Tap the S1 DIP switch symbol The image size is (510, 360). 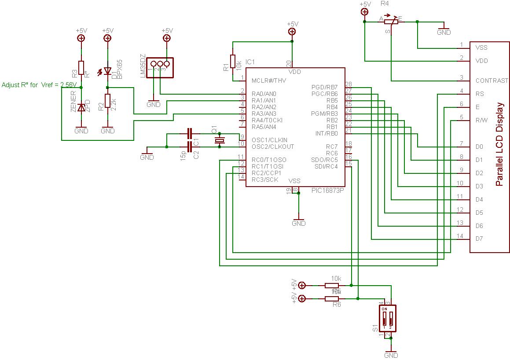click(x=388, y=319)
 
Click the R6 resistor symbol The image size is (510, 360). click(x=332, y=299)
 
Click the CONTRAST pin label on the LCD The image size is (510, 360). click(x=492, y=81)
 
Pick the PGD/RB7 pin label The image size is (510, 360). click(x=324, y=87)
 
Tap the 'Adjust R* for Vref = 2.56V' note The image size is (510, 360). click(x=40, y=84)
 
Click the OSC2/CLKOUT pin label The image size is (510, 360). click(x=272, y=147)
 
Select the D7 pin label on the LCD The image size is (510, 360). click(x=479, y=239)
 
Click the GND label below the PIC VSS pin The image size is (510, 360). click(x=298, y=223)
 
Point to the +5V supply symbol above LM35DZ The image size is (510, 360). click(x=167, y=38)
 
